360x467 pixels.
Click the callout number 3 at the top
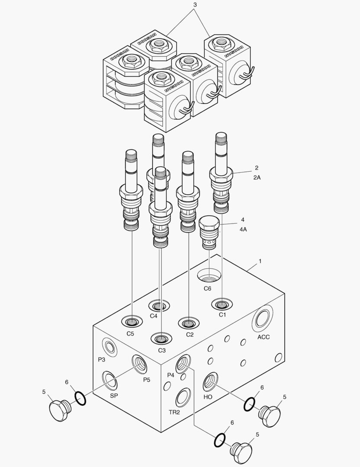point(195,4)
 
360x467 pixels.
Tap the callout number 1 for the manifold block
point(260,261)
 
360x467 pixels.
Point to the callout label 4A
point(243,229)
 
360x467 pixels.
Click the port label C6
point(208,289)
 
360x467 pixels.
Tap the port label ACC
point(264,337)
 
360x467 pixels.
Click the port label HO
point(208,397)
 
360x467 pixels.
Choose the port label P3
point(101,359)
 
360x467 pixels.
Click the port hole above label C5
point(132,322)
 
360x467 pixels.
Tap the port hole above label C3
point(161,338)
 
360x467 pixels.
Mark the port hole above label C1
point(222,304)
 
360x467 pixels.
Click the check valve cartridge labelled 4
point(209,233)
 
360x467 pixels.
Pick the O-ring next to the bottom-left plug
point(80,398)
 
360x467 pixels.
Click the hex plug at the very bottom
point(241,451)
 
